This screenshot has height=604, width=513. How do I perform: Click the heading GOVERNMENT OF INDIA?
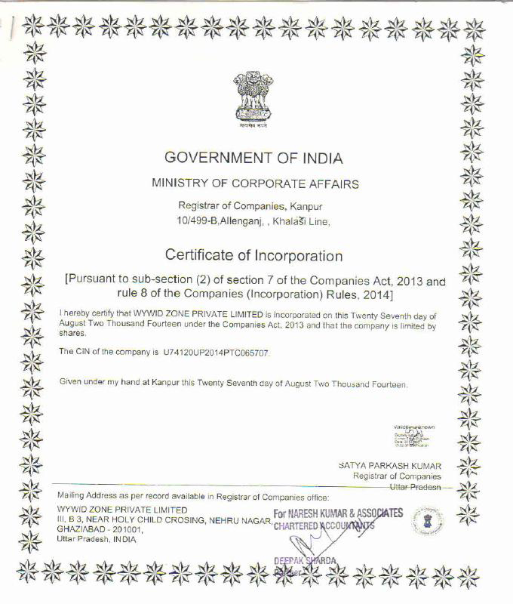coord(253,158)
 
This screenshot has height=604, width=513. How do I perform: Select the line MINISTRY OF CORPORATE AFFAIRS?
coord(255,183)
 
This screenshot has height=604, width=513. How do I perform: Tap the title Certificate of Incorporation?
coord(253,256)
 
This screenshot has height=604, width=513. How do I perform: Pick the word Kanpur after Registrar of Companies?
coord(312,206)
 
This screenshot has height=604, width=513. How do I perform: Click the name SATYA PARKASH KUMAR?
coord(390,467)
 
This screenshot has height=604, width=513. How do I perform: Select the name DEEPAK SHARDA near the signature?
coord(304,560)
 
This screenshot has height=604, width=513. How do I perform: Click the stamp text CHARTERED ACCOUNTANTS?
coord(324,526)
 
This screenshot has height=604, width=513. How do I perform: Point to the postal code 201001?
coord(123,529)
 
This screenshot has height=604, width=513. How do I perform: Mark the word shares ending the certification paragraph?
coord(70,334)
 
